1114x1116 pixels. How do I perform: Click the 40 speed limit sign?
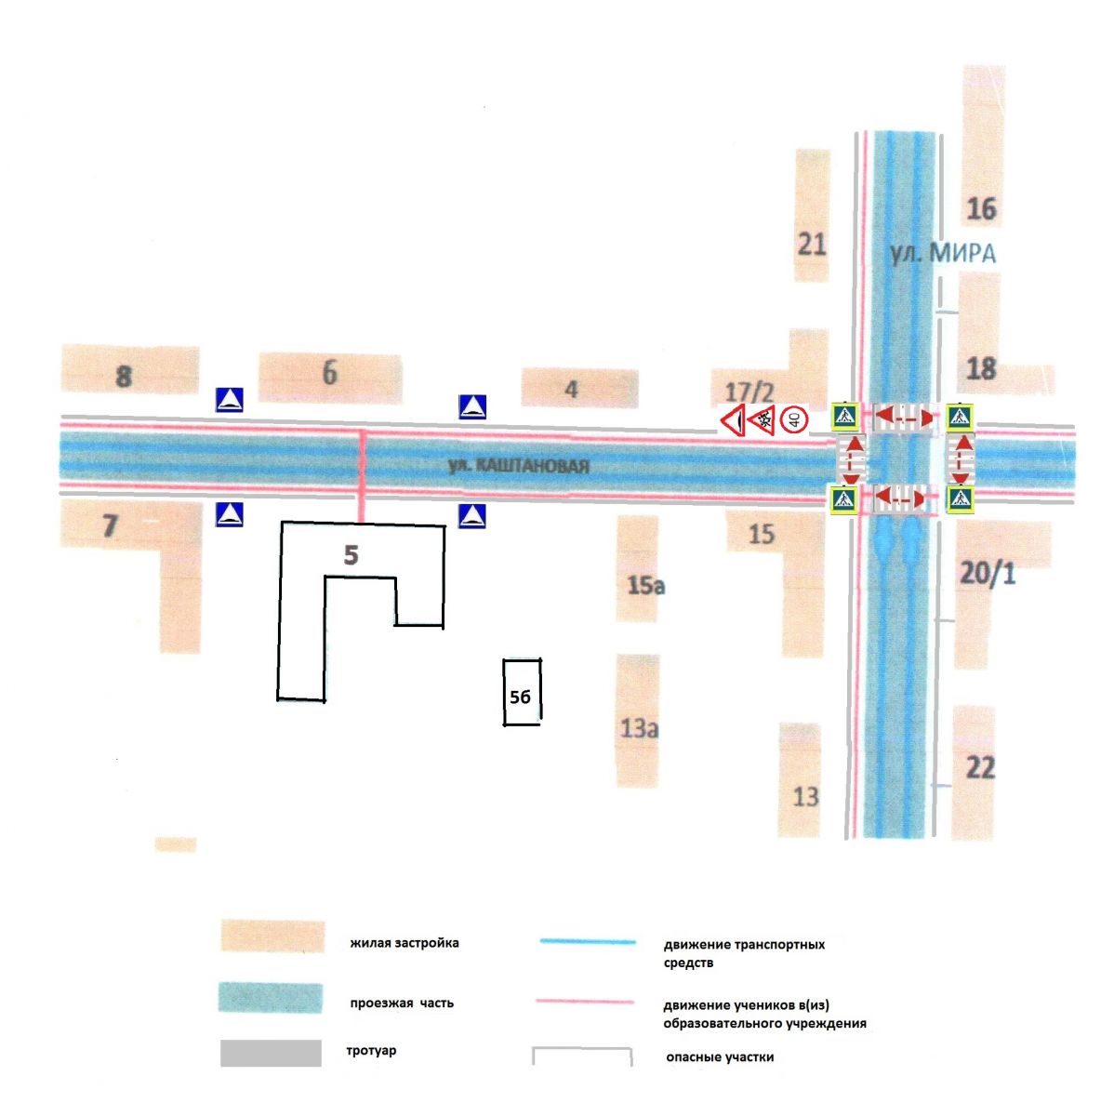point(794,420)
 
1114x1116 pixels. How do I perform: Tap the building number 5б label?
point(521,696)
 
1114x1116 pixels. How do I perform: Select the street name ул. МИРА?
point(941,253)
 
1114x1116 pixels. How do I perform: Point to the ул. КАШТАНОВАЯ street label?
point(519,465)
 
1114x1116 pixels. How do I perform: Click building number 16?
point(981,208)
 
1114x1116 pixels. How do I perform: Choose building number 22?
point(980,767)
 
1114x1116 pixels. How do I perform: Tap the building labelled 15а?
point(645,585)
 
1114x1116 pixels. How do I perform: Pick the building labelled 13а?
point(639,728)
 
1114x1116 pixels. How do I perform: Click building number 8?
point(124,377)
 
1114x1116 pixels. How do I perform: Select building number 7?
point(110,525)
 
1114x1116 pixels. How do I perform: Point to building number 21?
point(812,244)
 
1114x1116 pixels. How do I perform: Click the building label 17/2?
point(749,392)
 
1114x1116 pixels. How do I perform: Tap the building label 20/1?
point(988,573)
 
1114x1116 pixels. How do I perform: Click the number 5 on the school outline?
point(351,555)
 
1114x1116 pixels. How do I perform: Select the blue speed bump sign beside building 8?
point(229,400)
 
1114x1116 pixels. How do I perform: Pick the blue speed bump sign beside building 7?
point(229,514)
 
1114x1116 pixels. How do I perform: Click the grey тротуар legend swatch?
point(271,1053)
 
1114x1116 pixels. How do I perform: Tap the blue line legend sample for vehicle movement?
point(587,942)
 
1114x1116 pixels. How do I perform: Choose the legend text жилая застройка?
point(404,943)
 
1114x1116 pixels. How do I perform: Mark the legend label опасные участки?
point(720,1056)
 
